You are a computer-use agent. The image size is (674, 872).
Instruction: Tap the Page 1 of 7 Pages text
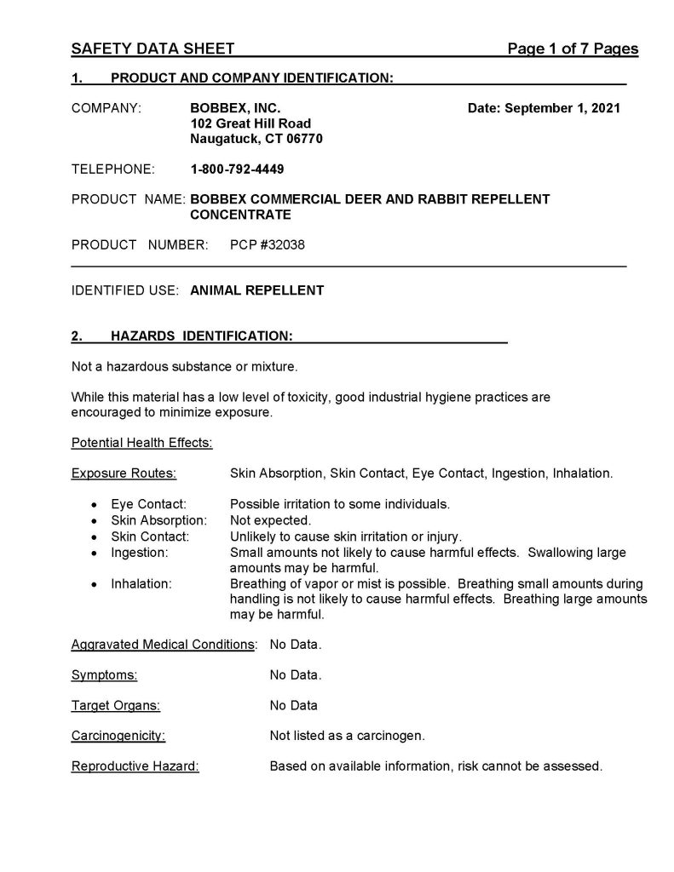click(573, 49)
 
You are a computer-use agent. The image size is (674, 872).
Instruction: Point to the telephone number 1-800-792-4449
click(237, 169)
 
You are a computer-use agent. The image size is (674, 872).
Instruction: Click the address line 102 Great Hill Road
click(251, 123)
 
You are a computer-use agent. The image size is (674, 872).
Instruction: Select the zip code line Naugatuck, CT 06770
click(256, 139)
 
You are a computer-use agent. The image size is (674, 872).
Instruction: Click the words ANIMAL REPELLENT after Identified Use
click(257, 290)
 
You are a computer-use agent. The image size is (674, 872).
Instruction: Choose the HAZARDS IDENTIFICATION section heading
click(202, 336)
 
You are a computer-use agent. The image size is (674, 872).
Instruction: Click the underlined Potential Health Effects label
click(141, 443)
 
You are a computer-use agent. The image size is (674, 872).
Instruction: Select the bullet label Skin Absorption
click(158, 519)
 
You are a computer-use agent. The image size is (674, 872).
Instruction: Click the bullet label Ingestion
click(139, 552)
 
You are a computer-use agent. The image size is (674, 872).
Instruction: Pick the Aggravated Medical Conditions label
click(164, 645)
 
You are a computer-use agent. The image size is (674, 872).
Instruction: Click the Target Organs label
click(115, 705)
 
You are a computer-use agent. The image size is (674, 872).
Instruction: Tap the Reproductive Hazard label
click(135, 766)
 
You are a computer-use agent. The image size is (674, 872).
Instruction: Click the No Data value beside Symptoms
click(296, 675)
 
